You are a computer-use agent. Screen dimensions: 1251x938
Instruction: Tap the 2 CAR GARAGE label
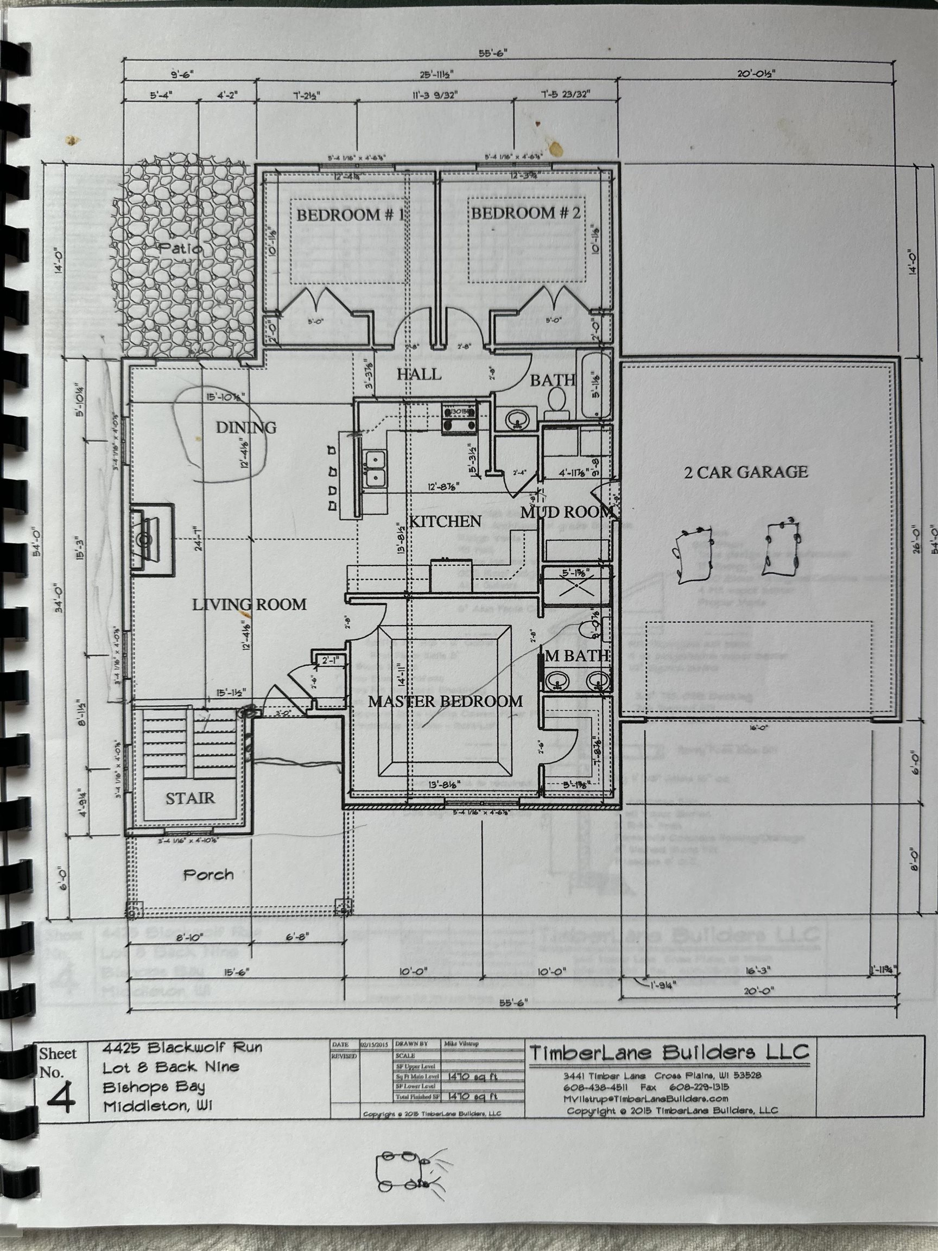746,472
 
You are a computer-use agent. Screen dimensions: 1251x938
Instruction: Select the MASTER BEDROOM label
445,702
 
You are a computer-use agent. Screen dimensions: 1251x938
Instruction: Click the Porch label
208,874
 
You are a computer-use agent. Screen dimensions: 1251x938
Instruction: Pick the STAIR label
190,798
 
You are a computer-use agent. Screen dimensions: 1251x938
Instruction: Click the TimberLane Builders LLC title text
669,1052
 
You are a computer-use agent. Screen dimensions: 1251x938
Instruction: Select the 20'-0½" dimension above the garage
756,73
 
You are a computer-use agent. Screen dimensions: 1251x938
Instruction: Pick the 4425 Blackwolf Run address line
182,1047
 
